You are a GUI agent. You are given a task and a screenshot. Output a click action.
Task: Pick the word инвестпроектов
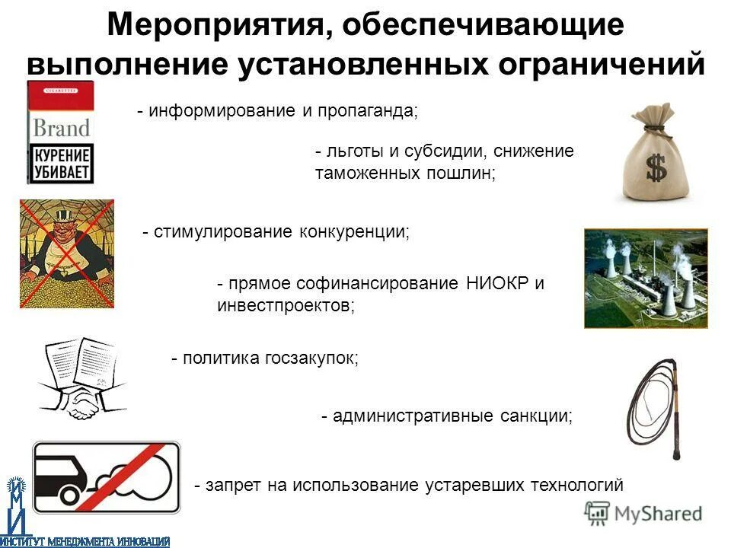point(286,305)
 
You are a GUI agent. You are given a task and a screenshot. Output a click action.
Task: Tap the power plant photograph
point(646,278)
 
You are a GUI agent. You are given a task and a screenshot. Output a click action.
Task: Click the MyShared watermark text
point(658,513)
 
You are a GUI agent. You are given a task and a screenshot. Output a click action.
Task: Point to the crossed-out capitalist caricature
point(66,253)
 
